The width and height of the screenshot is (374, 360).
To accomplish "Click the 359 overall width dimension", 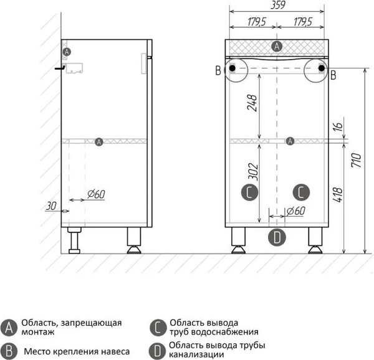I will [x=277, y=6].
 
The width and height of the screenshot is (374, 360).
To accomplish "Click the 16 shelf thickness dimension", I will [x=337, y=127].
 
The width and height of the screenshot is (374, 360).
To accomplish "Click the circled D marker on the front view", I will [x=278, y=237].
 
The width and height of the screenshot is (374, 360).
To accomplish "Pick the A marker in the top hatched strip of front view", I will [x=277, y=45].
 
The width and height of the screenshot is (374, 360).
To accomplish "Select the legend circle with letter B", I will [x=9, y=351].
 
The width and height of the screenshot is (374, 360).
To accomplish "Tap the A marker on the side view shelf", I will [x=98, y=142].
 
